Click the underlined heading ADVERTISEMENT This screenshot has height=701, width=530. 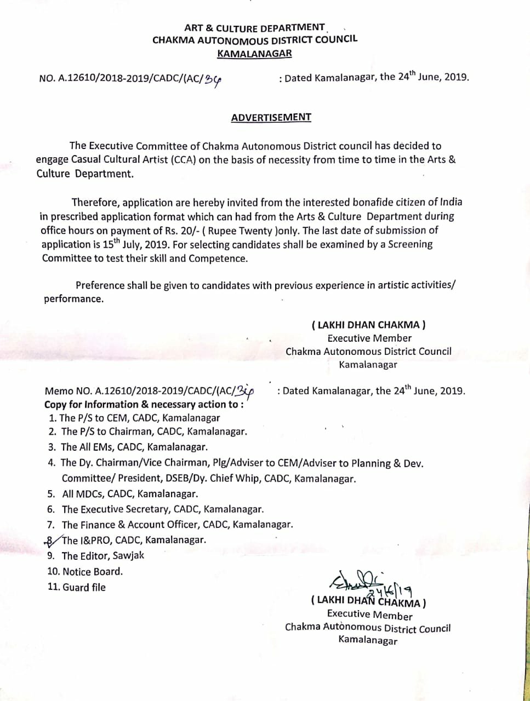[x=271, y=118]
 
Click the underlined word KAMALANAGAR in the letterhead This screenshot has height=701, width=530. [x=254, y=54]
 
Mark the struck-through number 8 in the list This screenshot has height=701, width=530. [x=50, y=541]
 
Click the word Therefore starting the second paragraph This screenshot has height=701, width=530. [x=95, y=203]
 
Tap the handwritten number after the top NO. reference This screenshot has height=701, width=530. [x=213, y=80]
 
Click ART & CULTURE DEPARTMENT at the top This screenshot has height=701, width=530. [x=254, y=28]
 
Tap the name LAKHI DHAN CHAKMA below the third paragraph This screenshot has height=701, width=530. [x=368, y=325]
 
